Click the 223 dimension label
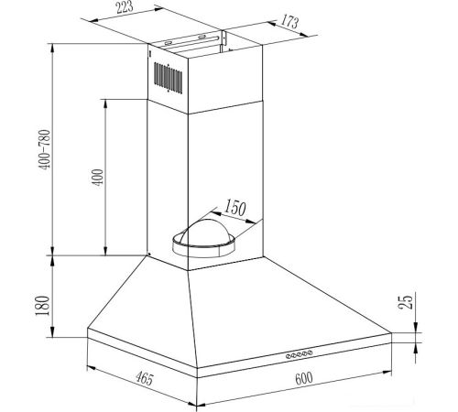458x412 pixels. pos(125,7)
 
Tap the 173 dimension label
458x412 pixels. pos(289,21)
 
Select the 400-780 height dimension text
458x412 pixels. pos(45,149)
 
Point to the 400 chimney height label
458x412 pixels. pos(98,178)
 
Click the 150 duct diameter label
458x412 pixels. pos(235,208)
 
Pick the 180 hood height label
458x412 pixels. pos(42,306)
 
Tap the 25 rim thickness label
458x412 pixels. pos(406,301)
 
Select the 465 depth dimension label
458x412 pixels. pos(144,378)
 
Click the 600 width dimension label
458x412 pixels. pos(304,378)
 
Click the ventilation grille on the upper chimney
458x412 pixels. pos(169,78)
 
